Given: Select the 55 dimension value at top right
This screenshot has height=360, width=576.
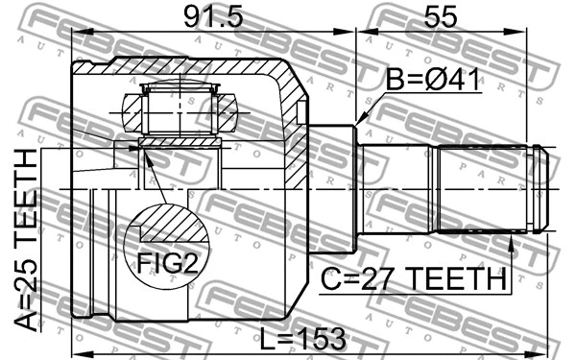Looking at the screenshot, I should [x=442, y=18].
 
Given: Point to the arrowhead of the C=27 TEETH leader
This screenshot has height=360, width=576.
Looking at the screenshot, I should [x=512, y=241].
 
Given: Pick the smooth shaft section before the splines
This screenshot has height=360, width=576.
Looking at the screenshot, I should [x=397, y=189].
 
